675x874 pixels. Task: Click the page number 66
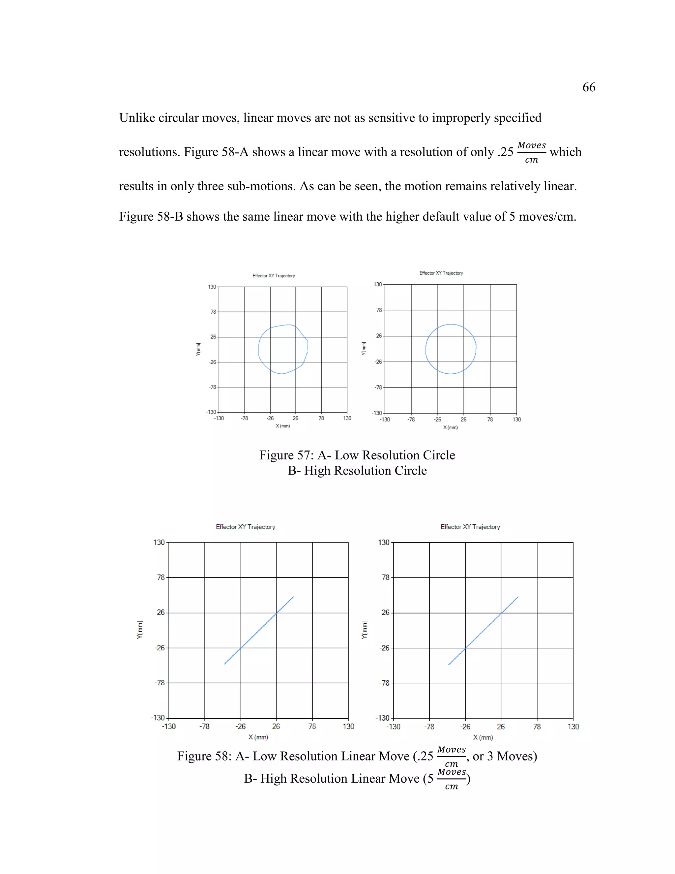click(x=589, y=87)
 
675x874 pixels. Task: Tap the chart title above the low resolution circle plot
click(x=274, y=276)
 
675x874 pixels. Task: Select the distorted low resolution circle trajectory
click(x=259, y=348)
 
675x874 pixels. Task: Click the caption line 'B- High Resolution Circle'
click(x=357, y=471)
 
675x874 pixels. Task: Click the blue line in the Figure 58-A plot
click(x=259, y=631)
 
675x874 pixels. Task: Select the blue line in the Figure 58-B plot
click(x=484, y=631)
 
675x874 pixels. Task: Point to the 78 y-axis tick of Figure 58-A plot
click(x=161, y=577)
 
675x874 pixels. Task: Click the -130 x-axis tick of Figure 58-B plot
click(x=393, y=726)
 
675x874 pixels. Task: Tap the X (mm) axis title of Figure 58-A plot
click(x=258, y=737)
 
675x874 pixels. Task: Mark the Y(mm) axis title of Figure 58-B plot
click(x=364, y=630)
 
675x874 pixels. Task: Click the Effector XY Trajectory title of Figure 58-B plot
click(x=470, y=527)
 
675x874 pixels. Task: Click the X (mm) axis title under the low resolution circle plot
click(x=283, y=426)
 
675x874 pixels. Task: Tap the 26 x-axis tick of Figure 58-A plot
click(x=276, y=726)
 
